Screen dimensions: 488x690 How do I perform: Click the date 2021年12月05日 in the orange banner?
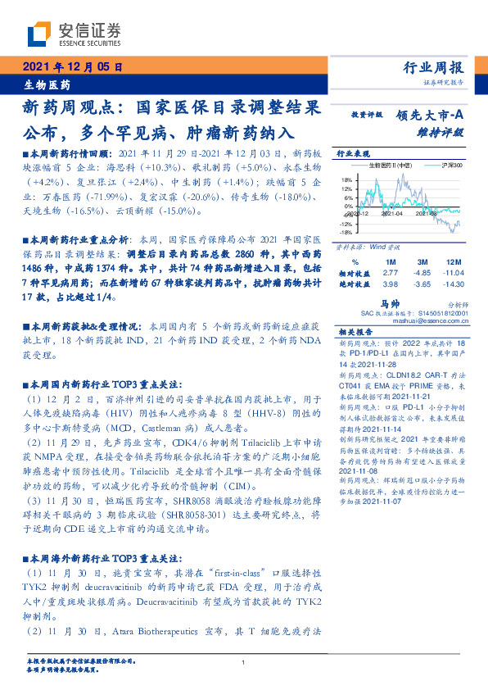tap(73, 67)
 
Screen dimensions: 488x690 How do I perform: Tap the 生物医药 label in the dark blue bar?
tap(45, 84)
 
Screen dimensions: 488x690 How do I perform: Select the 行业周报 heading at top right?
tap(435, 68)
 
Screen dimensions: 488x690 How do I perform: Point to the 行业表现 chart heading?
tap(354, 154)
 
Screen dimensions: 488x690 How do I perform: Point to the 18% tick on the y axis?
tap(346, 179)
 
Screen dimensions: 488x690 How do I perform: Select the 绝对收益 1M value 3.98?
tap(390, 284)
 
